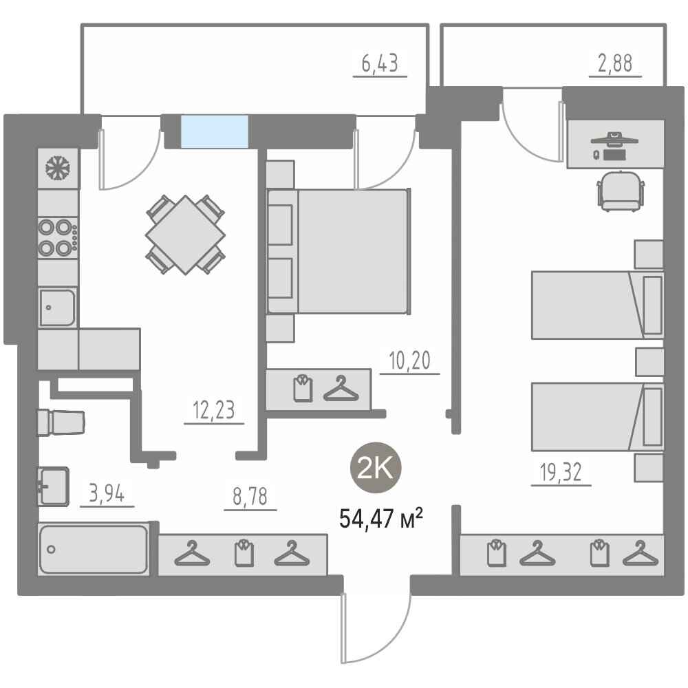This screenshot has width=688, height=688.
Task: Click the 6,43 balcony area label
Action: (380, 63)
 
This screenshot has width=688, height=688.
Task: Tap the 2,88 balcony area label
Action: (615, 63)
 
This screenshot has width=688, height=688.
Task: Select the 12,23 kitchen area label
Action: (214, 410)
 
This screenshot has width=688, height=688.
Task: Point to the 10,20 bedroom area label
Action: (410, 361)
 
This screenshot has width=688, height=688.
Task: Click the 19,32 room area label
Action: (561, 472)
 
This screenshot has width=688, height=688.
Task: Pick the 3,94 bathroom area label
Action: (107, 493)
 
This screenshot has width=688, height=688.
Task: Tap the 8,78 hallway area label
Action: (250, 497)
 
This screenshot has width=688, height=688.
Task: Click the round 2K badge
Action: (376, 468)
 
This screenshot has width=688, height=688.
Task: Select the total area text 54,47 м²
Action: (381, 519)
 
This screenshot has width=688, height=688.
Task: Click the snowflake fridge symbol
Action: (58, 168)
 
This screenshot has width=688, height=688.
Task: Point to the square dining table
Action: (185, 235)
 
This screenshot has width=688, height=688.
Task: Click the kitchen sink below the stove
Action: (58, 307)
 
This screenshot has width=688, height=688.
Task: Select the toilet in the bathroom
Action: (61, 422)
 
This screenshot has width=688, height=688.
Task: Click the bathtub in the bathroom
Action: (94, 549)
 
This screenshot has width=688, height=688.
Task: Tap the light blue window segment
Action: (215, 131)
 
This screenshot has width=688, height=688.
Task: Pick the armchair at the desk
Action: (621, 191)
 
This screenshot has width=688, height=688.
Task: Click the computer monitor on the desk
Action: (614, 139)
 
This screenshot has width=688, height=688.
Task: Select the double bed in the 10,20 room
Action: (338, 251)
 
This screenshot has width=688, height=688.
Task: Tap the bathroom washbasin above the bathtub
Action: (53, 486)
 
